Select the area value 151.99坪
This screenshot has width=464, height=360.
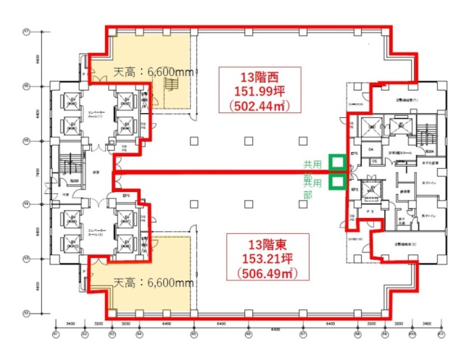pos(260,91)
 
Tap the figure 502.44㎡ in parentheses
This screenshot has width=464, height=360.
pos(260,106)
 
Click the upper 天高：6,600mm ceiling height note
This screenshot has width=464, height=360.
pos(154,72)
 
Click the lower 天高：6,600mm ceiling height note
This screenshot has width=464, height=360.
pos(153,282)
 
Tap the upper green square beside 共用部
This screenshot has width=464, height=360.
pos(336,162)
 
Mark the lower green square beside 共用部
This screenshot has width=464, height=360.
pos(336,181)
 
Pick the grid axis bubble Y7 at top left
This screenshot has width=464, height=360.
pos(25,32)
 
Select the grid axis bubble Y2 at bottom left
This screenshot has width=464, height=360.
pos(25,313)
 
